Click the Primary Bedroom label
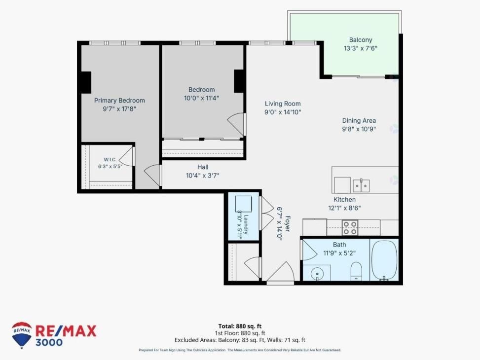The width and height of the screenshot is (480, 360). (x=119, y=101)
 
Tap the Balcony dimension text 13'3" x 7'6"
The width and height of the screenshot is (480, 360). (x=361, y=48)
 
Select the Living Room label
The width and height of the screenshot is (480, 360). (x=283, y=104)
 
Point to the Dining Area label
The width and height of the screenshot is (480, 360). (x=359, y=121)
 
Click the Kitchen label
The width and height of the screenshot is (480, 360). (x=344, y=200)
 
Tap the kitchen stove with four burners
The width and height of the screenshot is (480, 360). (x=350, y=228)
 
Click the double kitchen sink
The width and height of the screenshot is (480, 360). (x=361, y=185)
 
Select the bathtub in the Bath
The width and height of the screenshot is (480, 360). (x=384, y=260)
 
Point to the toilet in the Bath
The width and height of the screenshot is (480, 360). (x=356, y=271)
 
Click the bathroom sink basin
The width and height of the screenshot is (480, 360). (x=317, y=273)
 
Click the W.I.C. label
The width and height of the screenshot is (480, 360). (x=110, y=159)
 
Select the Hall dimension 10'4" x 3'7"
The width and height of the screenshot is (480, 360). (x=203, y=176)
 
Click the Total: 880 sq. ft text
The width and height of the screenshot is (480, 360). (x=240, y=326)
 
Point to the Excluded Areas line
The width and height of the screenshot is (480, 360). (x=240, y=340)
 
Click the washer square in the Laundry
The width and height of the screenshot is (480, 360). (x=243, y=204)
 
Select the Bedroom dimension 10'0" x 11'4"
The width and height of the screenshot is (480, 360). (x=201, y=98)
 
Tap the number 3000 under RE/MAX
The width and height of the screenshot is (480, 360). (x=49, y=342)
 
